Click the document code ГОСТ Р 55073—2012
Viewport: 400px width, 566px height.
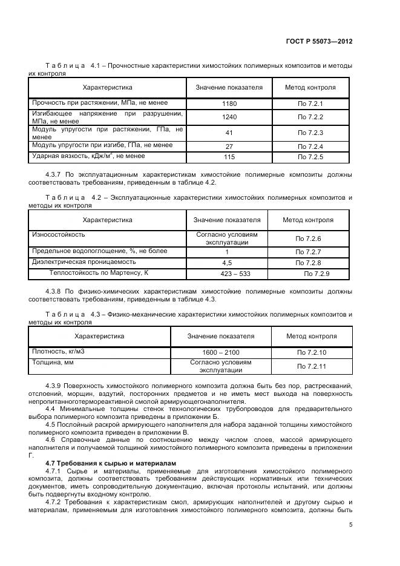tap(319, 42)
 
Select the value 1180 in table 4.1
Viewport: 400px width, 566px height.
tap(229, 104)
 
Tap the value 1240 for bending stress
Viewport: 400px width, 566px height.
tap(229, 117)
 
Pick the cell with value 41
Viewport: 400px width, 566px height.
tap(229, 133)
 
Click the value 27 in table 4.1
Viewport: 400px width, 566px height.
tap(229, 146)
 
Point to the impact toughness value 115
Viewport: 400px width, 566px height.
tap(229, 157)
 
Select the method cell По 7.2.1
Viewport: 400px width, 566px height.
tap(310, 104)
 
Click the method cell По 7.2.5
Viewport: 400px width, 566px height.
tap(310, 157)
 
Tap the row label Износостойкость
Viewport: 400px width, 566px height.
tap(58, 234)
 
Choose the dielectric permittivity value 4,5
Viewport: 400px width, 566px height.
tap(227, 263)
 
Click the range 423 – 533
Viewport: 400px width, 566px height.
tap(227, 274)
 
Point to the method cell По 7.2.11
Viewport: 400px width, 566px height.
tap(312, 366)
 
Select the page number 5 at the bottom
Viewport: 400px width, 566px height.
tap(350, 524)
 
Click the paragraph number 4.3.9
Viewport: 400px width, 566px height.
tap(54, 386)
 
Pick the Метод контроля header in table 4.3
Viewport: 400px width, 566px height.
tap(312, 336)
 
